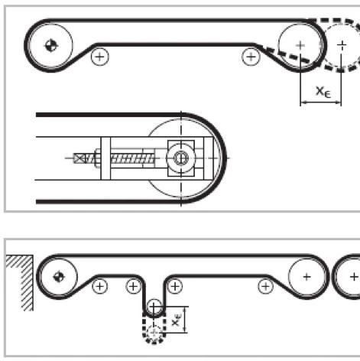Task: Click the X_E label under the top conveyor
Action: click(323, 92)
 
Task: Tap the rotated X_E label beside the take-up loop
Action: click(176, 320)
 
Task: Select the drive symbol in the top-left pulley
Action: click(51, 46)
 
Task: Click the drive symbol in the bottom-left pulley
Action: click(59, 277)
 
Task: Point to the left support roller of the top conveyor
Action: click(100, 57)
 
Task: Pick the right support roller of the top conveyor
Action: click(251, 57)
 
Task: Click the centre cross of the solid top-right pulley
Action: click(300, 45)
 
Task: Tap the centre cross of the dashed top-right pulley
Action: click(342, 45)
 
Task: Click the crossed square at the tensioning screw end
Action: click(79, 158)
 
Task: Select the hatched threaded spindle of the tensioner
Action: click(132, 158)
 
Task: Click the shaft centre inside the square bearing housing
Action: click(180, 158)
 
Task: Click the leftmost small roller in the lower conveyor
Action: click(100, 287)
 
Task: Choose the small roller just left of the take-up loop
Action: click(133, 287)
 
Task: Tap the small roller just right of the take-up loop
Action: click(175, 287)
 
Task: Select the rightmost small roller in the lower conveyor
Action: click(266, 287)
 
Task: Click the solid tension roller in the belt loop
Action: click(154, 307)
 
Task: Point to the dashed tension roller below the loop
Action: click(154, 333)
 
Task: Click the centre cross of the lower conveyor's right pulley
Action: click(307, 277)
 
